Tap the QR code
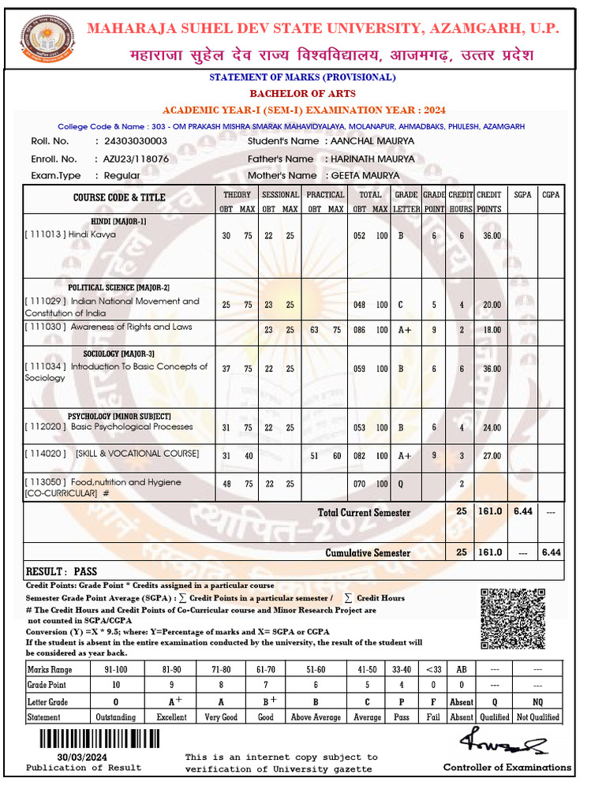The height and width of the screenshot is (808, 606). tap(513, 621)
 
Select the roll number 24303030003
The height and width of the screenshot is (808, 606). tap(131, 141)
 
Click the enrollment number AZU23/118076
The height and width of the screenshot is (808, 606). tap(136, 159)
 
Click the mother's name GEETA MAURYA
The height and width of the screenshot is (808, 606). tap(365, 176)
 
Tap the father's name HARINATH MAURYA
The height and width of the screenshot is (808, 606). tap(372, 159)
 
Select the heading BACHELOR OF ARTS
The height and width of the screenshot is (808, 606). tap(302, 93)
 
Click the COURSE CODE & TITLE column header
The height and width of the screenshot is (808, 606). tap(119, 197)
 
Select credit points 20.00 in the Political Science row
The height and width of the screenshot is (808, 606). tap(492, 305)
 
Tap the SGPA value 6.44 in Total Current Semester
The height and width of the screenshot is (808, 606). tap(523, 511)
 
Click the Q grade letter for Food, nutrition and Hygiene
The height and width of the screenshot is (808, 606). tap(401, 483)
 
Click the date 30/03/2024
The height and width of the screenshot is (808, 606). tap(83, 756)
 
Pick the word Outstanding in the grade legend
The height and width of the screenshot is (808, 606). tap(115, 717)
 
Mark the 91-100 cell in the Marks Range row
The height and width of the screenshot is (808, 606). tap(115, 669)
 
